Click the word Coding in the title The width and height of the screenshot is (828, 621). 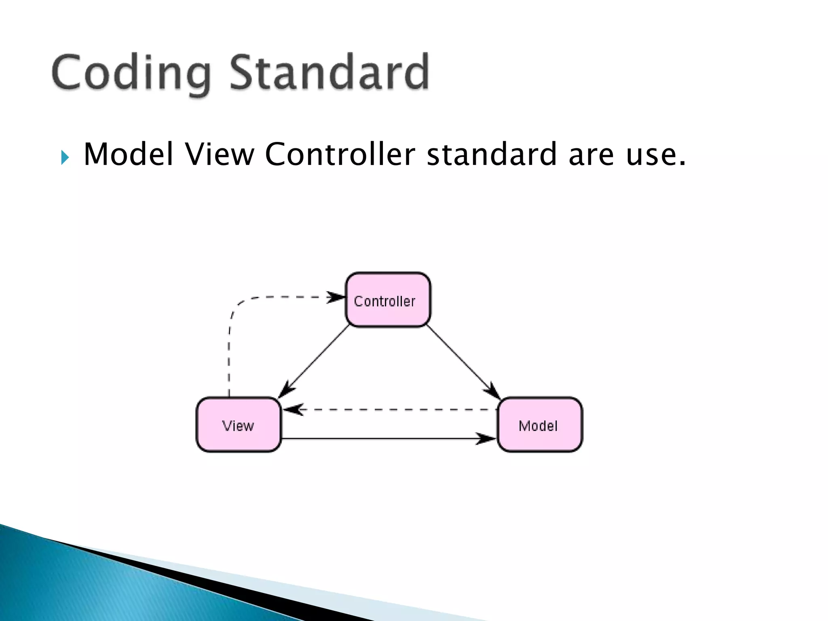[131, 73]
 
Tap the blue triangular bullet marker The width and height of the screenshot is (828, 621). [65, 157]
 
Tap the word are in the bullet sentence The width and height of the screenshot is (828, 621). [591, 155]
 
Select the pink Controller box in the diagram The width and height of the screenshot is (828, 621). [388, 300]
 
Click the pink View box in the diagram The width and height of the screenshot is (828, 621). [239, 425]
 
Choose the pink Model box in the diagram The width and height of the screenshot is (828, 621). [540, 425]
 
